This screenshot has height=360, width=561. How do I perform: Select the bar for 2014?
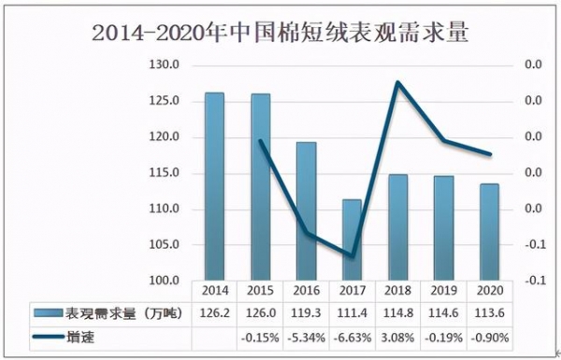(214, 187)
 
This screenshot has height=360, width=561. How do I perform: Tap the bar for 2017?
(352, 239)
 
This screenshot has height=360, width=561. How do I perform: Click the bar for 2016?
(306, 211)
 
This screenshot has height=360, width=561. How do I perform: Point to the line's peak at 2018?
(397, 82)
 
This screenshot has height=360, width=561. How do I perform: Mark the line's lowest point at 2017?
(352, 255)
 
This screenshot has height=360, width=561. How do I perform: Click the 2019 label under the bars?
(443, 292)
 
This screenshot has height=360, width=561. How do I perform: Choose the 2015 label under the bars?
(260, 292)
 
